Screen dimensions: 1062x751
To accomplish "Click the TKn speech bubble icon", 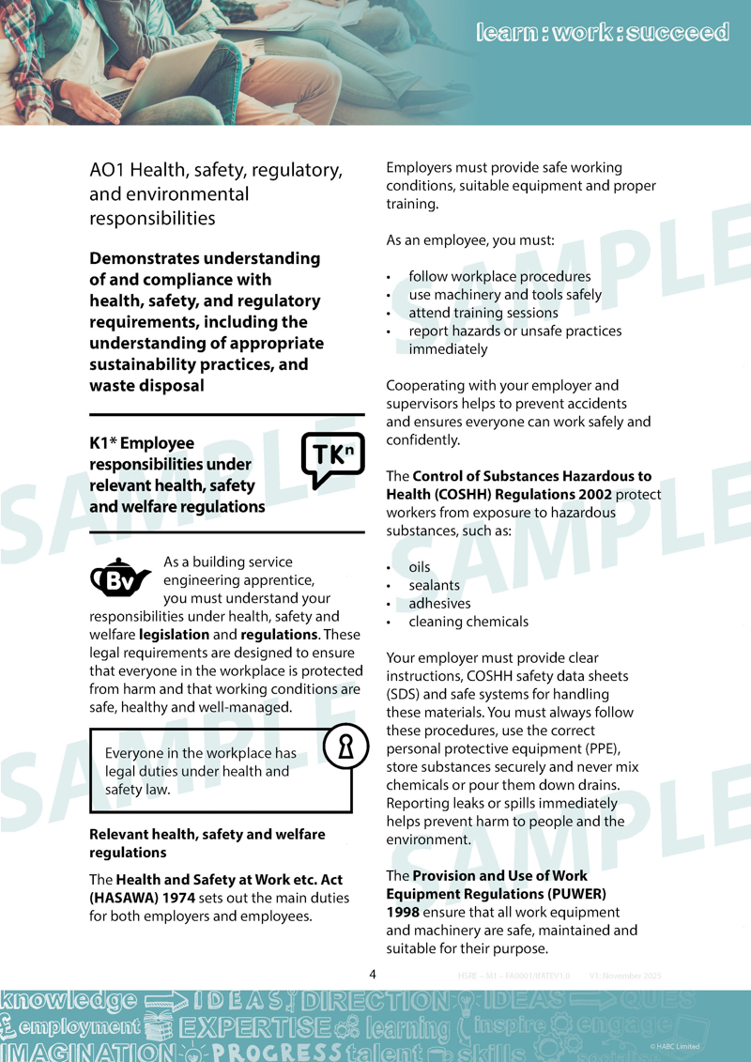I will tap(331, 459).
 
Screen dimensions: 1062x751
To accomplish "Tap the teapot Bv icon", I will tap(120, 579).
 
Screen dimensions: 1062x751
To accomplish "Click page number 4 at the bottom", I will tap(373, 974).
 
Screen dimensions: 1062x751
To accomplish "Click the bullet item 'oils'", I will tap(419, 567).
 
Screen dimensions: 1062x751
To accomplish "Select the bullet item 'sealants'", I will tap(434, 585).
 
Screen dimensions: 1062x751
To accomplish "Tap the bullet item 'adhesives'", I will tap(439, 603).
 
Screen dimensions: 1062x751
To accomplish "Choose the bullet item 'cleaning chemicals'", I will tap(467, 621).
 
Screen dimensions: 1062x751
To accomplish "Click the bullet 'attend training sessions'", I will tap(483, 313).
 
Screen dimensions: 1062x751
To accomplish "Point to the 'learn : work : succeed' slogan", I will tap(602, 33).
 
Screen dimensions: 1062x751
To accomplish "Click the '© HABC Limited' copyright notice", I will tap(674, 1046).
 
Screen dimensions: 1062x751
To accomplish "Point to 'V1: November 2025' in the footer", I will tap(625, 977).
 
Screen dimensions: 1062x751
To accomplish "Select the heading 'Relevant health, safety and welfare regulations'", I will tap(207, 843).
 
